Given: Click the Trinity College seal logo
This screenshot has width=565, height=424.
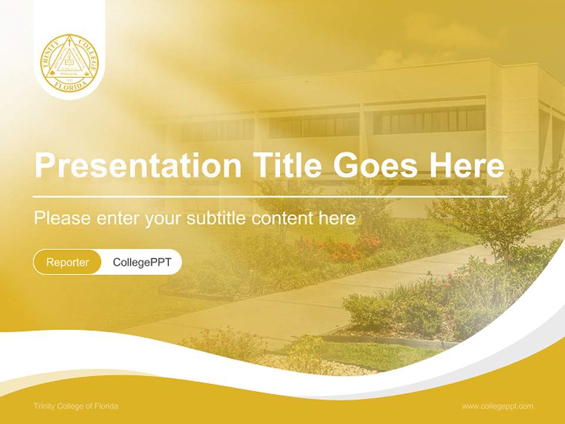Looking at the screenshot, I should (69, 62).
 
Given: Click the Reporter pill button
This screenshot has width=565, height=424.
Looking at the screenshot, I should (68, 262).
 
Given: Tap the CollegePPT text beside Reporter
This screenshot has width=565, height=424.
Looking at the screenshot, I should (142, 262).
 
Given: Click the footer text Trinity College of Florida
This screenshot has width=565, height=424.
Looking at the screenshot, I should (76, 406).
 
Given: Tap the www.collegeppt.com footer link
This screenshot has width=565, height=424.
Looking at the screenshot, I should (497, 406).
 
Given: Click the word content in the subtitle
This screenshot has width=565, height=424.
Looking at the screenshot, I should (284, 218).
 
